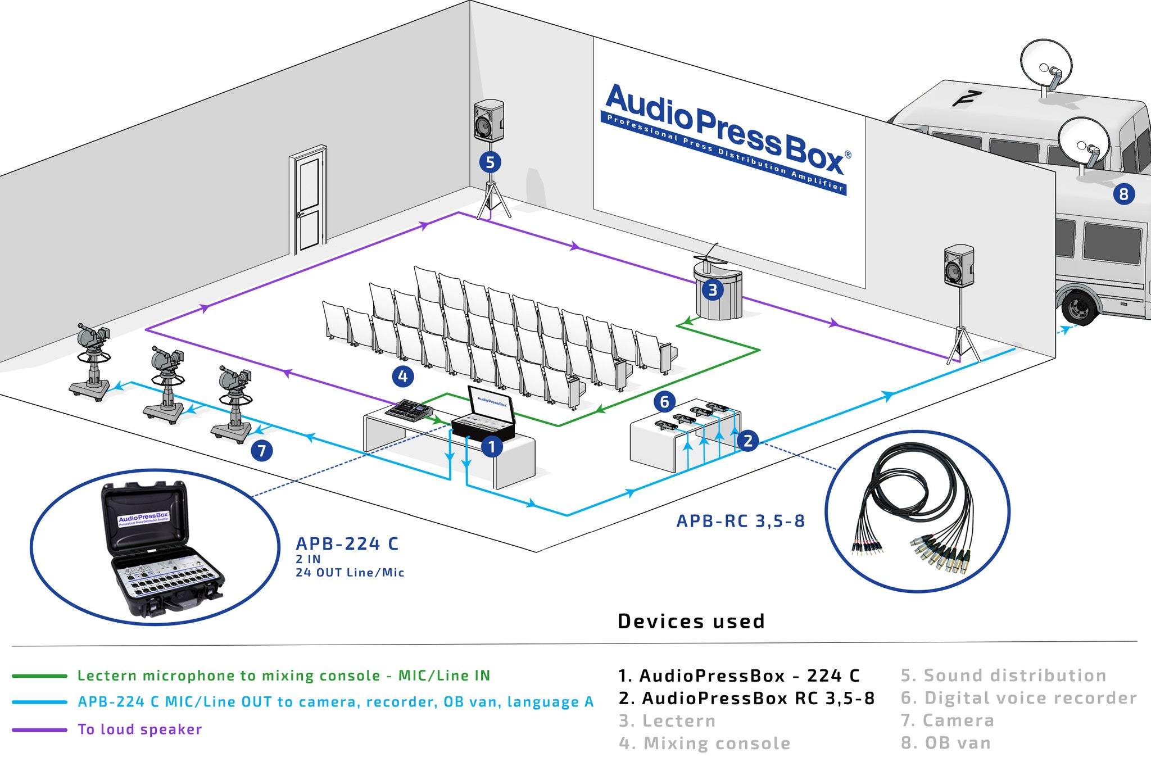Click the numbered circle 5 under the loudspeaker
[490, 162]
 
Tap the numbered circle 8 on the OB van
[1123, 194]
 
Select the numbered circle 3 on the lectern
[713, 290]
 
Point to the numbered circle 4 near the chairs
[403, 377]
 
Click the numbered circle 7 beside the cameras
[262, 450]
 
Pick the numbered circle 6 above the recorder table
[664, 402]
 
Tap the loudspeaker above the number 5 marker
[488, 120]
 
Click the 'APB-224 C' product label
[347, 544]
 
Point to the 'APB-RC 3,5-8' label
[740, 521]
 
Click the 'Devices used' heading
[691, 621]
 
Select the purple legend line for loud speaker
[39, 730]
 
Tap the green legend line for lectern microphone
[39, 676]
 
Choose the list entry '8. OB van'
[946, 743]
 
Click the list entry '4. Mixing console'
[704, 744]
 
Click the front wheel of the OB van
[1080, 307]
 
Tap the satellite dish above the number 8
[1083, 143]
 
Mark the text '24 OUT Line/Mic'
[350, 573]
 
